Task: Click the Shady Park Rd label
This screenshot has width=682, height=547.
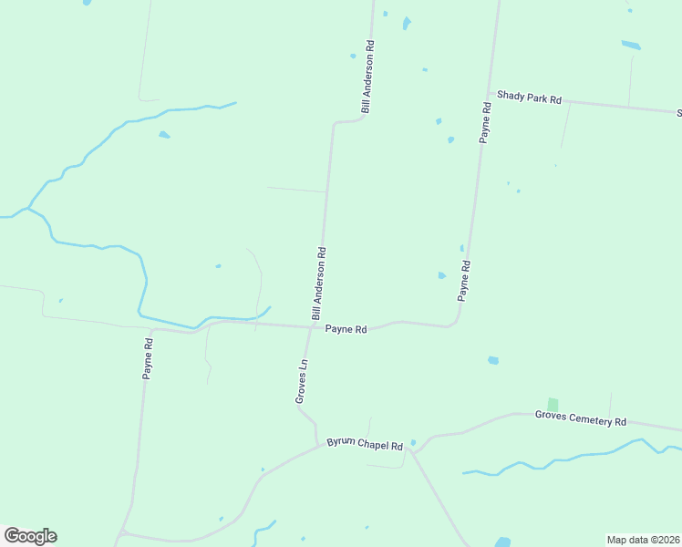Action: [x=529, y=98]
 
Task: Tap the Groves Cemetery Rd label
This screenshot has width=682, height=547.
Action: [x=581, y=420]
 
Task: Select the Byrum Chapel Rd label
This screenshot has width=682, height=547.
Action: [x=365, y=446]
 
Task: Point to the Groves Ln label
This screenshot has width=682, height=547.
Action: [x=302, y=381]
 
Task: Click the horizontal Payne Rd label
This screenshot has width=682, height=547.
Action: [x=346, y=329]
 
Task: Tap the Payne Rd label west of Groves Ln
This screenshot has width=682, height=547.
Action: [x=148, y=359]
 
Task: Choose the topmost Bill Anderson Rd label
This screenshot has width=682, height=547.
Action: [x=367, y=77]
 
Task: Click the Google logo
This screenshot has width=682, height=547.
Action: [x=30, y=536]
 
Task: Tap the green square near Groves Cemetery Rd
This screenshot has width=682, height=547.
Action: [x=553, y=404]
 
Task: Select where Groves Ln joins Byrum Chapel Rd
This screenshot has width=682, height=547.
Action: [x=318, y=445]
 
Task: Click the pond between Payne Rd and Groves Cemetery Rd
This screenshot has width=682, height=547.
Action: [x=493, y=360]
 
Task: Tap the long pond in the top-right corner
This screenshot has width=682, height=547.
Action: [x=631, y=44]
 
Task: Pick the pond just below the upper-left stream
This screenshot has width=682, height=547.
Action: [x=164, y=135]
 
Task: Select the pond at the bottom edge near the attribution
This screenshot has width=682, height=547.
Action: [x=502, y=541]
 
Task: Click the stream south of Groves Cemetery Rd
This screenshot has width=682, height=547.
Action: [x=565, y=458]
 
